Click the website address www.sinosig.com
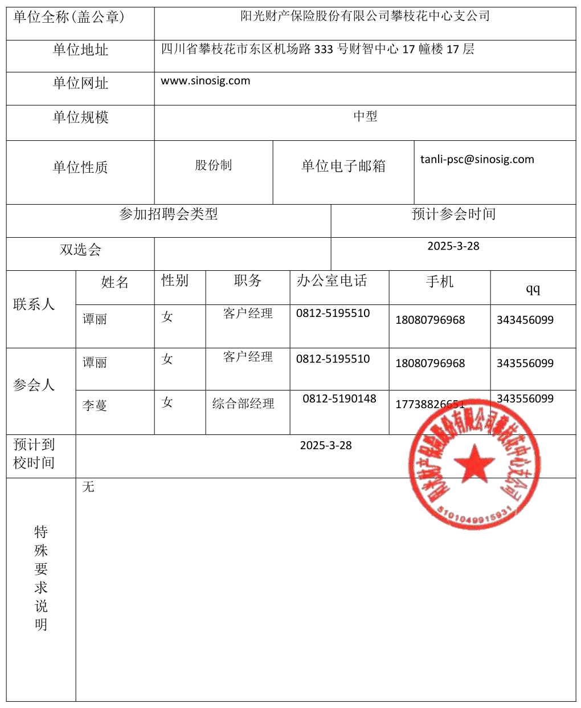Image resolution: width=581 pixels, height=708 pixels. pyautogui.click(x=205, y=81)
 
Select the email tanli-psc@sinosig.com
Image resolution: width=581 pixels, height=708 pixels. pyautogui.click(x=477, y=160)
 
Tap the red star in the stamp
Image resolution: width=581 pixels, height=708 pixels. pyautogui.click(x=474, y=463)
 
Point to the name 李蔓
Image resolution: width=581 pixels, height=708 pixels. pyautogui.click(x=95, y=406)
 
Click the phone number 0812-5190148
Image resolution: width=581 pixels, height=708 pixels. pyautogui.click(x=339, y=399)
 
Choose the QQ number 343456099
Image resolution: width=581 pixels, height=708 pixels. pyautogui.click(x=525, y=320)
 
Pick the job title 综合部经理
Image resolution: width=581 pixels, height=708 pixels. pyautogui.click(x=243, y=404)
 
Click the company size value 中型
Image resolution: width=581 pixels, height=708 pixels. pyautogui.click(x=365, y=117)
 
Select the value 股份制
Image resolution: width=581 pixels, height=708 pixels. pyautogui.click(x=213, y=165)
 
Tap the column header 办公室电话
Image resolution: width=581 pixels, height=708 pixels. pyautogui.click(x=332, y=281)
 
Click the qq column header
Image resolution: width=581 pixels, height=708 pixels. pyautogui.click(x=533, y=289)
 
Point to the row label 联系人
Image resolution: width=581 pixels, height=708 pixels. pyautogui.click(x=34, y=305)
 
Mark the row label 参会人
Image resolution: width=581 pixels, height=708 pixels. pyautogui.click(x=34, y=385)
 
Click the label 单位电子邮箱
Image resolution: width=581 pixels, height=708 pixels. pyautogui.click(x=343, y=166)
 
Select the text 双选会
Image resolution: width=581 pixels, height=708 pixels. pyautogui.click(x=80, y=250)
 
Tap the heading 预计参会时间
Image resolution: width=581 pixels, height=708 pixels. pyautogui.click(x=453, y=214)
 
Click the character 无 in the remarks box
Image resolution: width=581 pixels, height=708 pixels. pyautogui.click(x=88, y=487)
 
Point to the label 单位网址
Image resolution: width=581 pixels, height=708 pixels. pyautogui.click(x=80, y=84)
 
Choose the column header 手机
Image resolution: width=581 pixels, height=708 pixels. pyautogui.click(x=439, y=282)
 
